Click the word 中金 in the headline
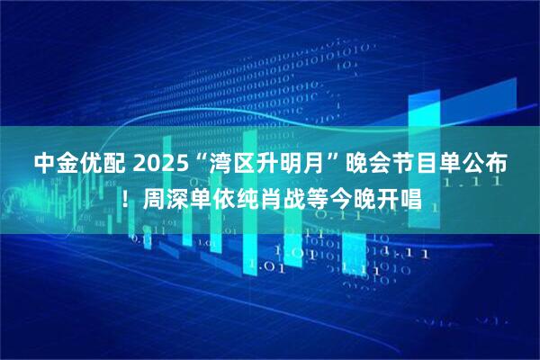point(57,164)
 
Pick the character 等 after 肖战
point(323,194)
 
